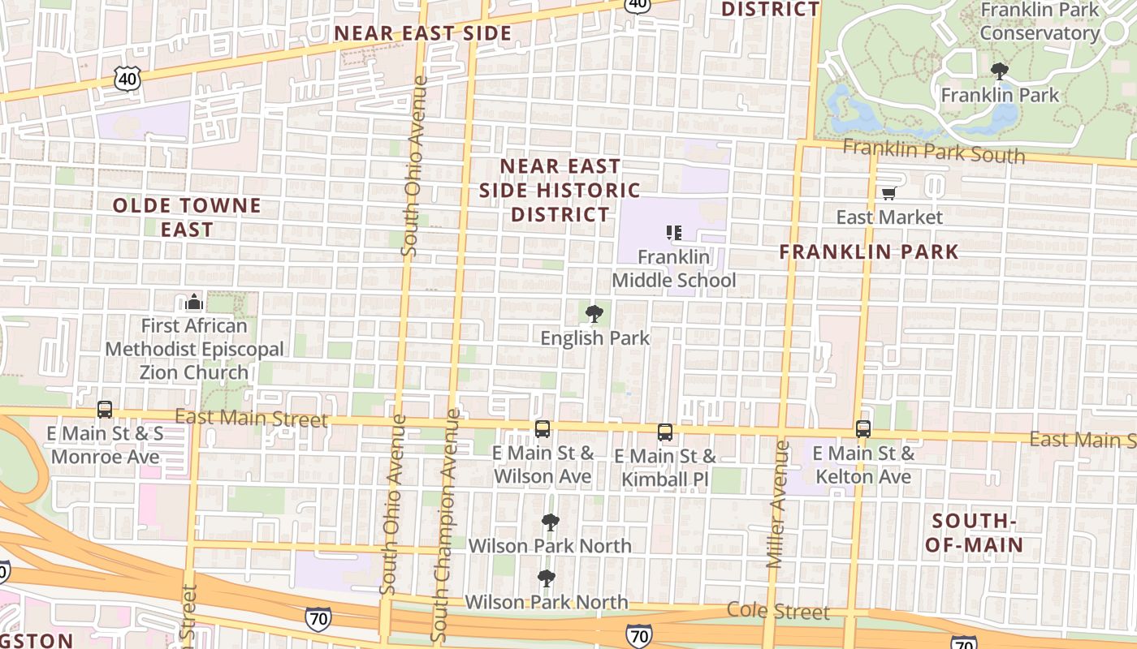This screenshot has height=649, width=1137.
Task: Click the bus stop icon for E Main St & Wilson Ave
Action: pos(543,430)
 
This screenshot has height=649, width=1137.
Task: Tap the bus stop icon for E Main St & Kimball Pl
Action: pos(665,432)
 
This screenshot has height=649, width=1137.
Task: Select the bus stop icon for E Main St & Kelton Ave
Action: pos(862,429)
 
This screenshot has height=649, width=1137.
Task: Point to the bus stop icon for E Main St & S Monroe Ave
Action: pos(105,410)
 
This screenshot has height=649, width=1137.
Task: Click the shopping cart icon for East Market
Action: pos(888,194)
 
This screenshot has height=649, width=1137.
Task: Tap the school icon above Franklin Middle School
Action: pos(673,234)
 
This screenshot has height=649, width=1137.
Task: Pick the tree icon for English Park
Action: pos(594,314)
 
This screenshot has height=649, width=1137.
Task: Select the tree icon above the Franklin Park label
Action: pos(1000,71)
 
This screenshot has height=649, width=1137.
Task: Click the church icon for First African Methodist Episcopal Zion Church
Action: pos(193,303)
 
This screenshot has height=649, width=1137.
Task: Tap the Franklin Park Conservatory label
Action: pos(1040,22)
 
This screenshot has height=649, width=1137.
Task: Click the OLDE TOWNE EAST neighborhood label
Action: pos(187,217)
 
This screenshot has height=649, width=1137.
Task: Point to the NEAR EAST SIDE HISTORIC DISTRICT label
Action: pos(560,191)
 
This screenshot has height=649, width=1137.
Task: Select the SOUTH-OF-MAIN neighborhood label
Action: pos(974,533)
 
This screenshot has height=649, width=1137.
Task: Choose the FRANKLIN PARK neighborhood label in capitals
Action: pos(869,252)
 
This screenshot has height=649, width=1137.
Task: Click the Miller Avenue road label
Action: pos(777,504)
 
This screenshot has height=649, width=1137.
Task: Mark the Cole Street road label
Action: pos(778,611)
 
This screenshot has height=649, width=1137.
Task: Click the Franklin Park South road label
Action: pos(933,151)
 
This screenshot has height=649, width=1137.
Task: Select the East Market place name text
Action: pos(889,217)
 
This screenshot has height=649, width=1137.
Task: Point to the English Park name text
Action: pos(595,338)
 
